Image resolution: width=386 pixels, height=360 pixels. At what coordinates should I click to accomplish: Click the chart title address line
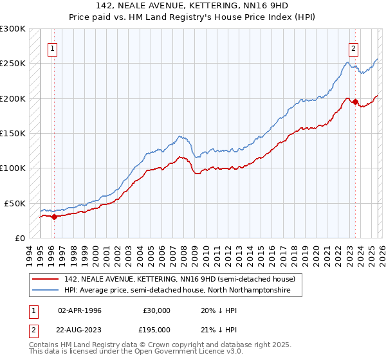click(x=193, y=6)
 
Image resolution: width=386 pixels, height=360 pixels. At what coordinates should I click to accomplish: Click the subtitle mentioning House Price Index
click(x=193, y=17)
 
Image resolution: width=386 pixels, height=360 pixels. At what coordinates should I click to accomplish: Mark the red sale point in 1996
click(x=54, y=217)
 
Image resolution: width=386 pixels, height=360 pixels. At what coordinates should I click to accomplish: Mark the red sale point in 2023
click(x=355, y=102)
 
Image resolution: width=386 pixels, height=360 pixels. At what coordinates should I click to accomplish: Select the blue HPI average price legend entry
click(x=177, y=291)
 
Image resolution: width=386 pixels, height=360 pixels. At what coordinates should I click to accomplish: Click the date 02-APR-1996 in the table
click(x=80, y=310)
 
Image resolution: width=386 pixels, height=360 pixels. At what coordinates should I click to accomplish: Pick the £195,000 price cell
click(x=157, y=328)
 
